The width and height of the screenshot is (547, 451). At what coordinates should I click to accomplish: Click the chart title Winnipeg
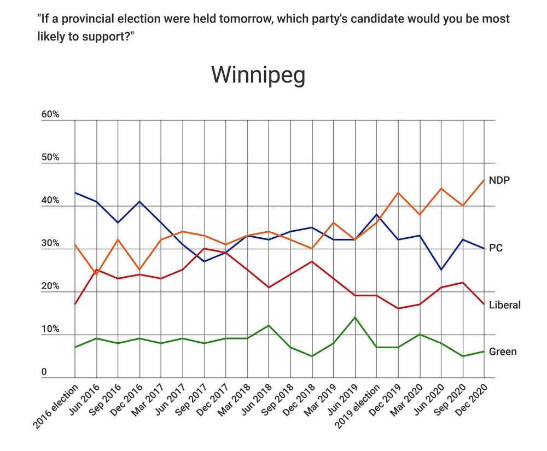coord(258,75)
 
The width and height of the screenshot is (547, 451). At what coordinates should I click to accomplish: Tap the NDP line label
coord(499,180)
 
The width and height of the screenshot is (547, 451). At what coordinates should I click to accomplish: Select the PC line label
coord(496,248)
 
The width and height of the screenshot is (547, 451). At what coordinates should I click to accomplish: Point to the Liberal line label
coord(504,304)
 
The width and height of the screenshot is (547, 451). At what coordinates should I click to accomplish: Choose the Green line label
coord(502,352)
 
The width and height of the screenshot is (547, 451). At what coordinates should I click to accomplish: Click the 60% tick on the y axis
coord(50,115)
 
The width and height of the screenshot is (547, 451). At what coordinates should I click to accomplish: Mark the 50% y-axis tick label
coord(50,158)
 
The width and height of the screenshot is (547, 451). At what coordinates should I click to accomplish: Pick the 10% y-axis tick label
coord(50,330)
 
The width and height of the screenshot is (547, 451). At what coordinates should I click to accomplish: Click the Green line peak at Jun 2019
coord(356,318)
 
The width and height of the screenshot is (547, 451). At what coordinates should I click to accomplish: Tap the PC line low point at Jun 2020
coord(441,270)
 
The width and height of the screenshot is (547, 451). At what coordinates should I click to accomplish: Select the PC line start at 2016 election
coord(75,193)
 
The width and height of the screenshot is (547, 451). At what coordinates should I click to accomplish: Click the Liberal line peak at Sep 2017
coord(205,249)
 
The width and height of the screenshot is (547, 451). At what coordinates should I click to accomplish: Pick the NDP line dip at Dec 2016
coord(140,270)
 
